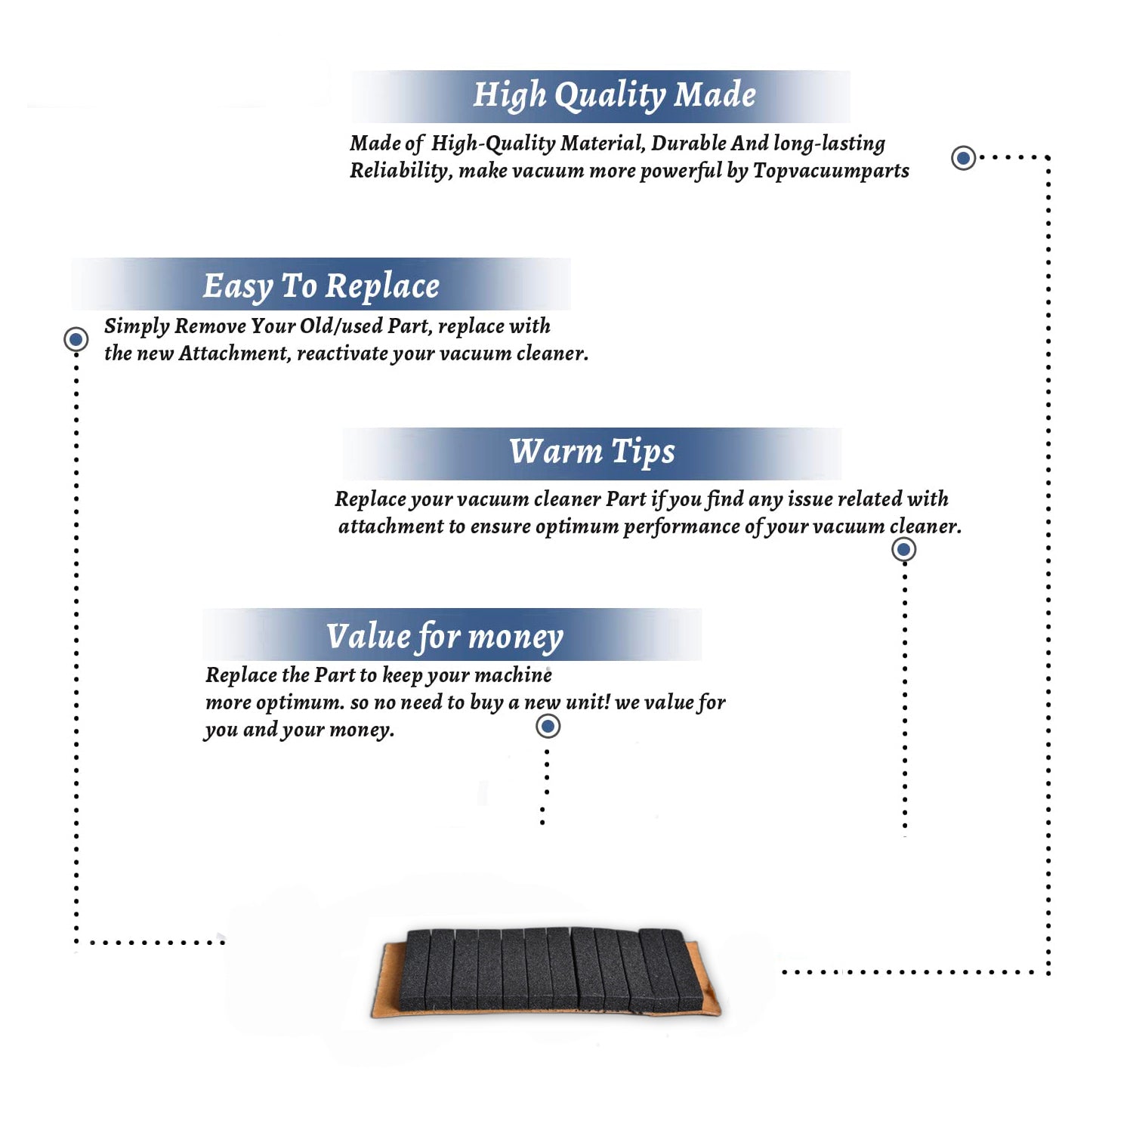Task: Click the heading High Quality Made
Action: tap(614, 96)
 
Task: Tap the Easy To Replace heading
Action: tap(321, 286)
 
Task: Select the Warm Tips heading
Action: tap(591, 452)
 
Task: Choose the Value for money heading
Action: tap(445, 637)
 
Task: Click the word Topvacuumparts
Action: tap(831, 171)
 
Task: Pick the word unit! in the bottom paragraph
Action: tap(588, 702)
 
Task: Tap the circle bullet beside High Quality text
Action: tap(963, 158)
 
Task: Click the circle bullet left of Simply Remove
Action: tap(76, 339)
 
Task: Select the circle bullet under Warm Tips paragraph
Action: tap(903, 549)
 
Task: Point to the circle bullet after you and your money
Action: tap(548, 727)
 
